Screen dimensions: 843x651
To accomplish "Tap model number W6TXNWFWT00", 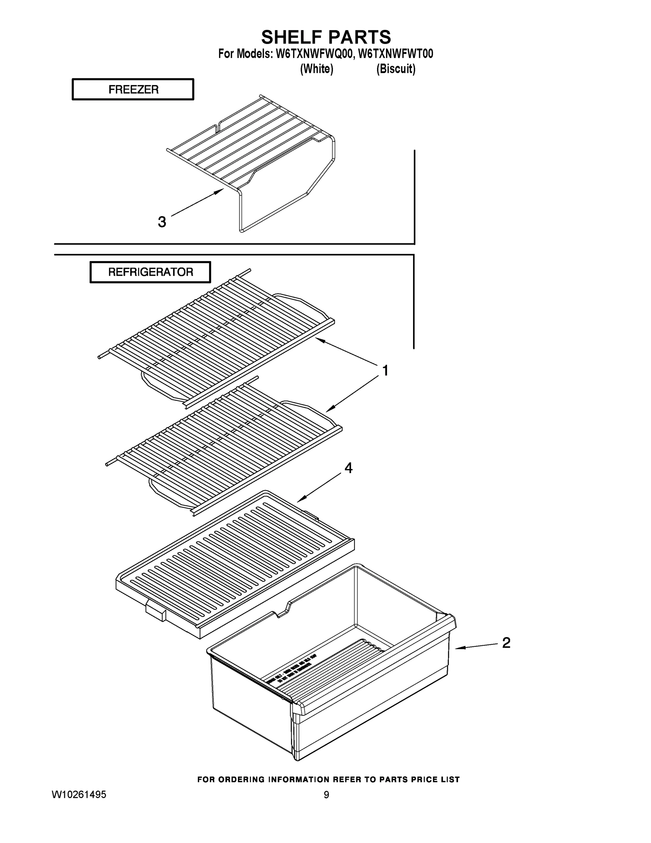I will click(396, 54).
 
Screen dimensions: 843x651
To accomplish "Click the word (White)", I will click(317, 69).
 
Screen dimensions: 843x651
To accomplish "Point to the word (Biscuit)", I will click(396, 69).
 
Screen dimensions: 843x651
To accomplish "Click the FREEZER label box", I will click(133, 90).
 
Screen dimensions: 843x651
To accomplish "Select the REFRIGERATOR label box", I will click(151, 272).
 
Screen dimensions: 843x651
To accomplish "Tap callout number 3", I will click(162, 222).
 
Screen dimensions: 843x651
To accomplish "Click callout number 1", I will click(385, 371).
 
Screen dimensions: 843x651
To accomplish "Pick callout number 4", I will click(348, 468).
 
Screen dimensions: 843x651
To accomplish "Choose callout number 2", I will click(506, 643).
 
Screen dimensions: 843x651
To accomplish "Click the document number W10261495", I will click(79, 795).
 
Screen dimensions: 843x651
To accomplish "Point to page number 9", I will click(326, 795).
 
